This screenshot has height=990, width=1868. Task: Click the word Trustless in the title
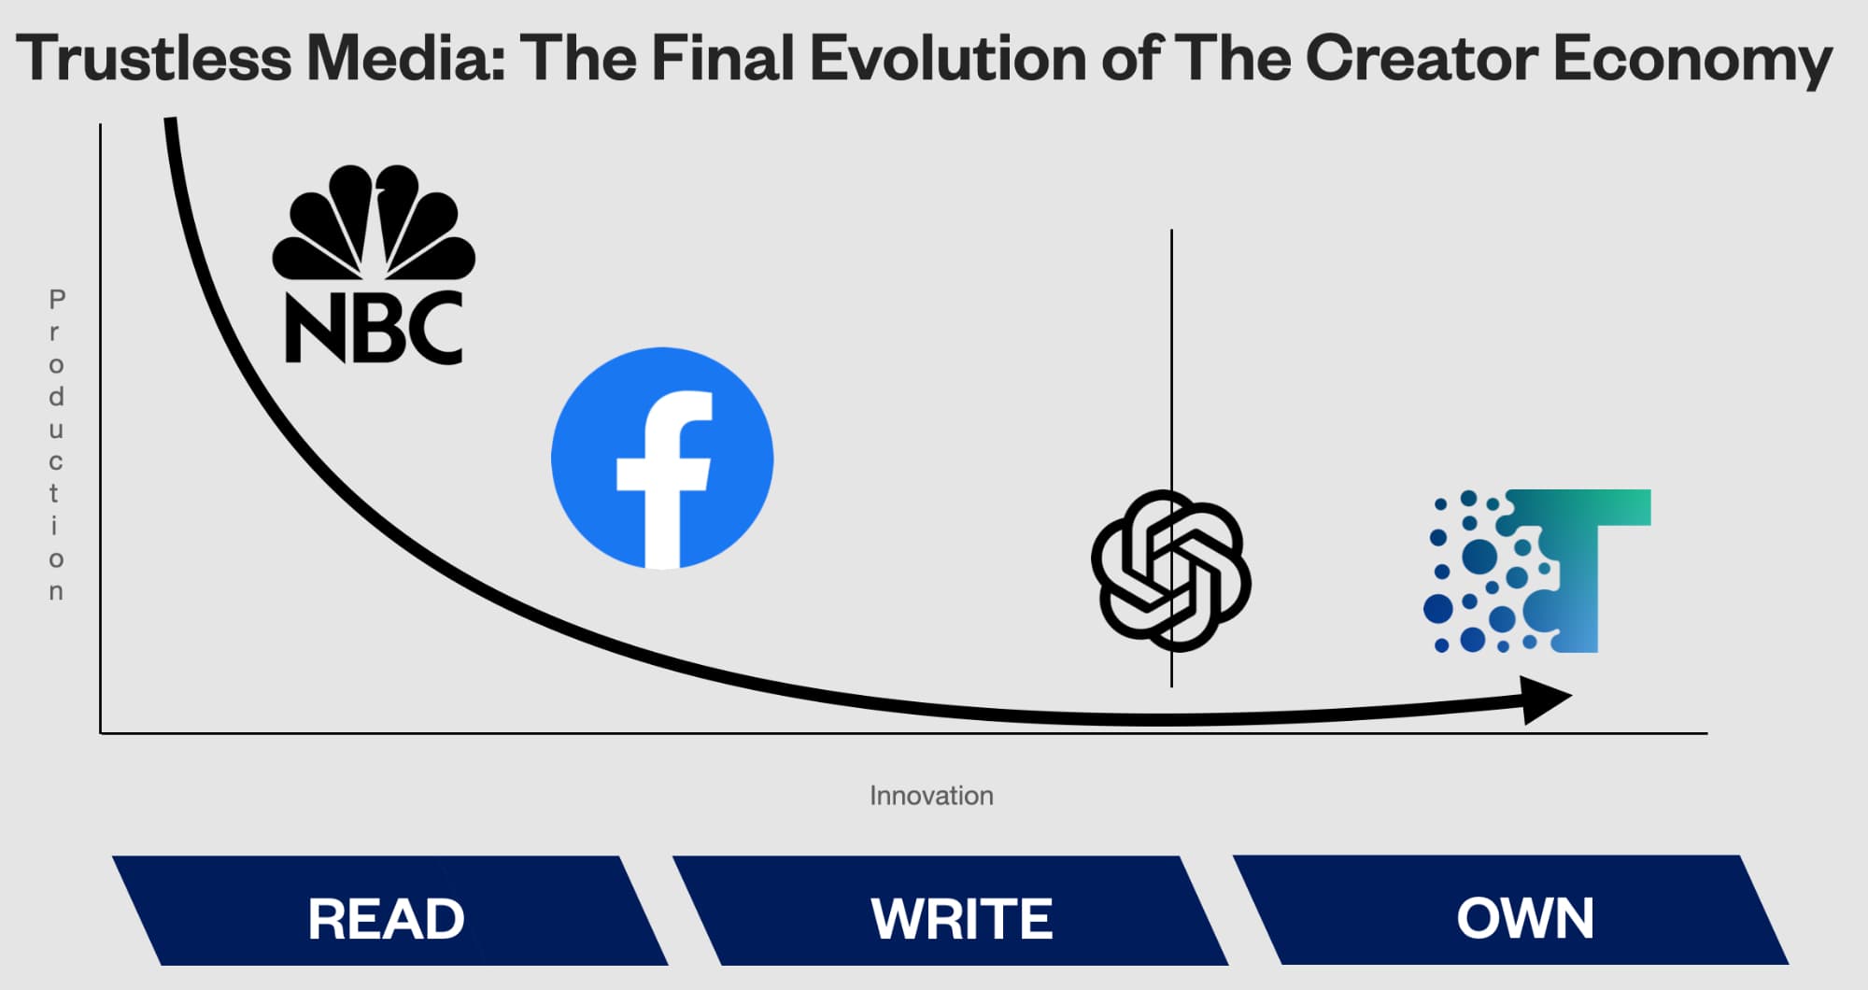point(154,58)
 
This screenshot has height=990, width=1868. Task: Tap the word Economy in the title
point(1691,60)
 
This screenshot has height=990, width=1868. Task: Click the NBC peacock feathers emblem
point(374,222)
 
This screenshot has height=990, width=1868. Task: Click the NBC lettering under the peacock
point(374,328)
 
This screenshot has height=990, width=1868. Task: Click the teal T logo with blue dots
point(1541,571)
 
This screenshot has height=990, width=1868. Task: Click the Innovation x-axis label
point(931,796)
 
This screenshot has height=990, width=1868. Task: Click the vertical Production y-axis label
point(56,445)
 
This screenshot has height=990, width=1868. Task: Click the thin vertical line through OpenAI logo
point(1171,355)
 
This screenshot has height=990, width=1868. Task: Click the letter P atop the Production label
point(57,300)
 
